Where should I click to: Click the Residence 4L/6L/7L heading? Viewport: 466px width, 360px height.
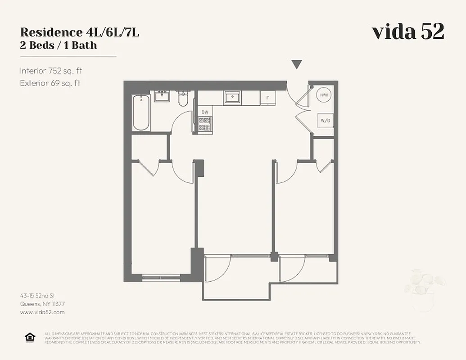[x=79, y=32]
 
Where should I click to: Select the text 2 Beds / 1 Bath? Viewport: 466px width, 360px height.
[x=59, y=45]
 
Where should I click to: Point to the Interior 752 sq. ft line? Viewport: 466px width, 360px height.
[x=51, y=71]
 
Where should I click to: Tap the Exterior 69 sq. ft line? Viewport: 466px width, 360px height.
[x=50, y=83]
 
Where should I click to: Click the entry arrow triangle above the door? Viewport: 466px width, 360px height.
[x=296, y=65]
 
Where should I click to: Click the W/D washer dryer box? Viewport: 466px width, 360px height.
[x=325, y=121]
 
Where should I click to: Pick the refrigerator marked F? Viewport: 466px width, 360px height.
[x=268, y=98]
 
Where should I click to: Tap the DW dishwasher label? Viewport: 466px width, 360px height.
[x=205, y=112]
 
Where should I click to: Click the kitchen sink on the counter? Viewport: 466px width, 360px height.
[x=233, y=97]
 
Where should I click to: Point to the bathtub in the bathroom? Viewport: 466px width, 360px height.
[x=141, y=112]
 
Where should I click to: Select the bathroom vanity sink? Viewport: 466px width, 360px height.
[x=162, y=96]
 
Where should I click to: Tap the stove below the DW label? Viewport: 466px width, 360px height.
[x=205, y=124]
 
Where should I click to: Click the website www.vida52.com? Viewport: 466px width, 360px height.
[x=42, y=312]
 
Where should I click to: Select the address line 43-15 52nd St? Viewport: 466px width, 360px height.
[x=37, y=296]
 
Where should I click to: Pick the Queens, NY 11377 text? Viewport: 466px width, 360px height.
[x=42, y=304]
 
